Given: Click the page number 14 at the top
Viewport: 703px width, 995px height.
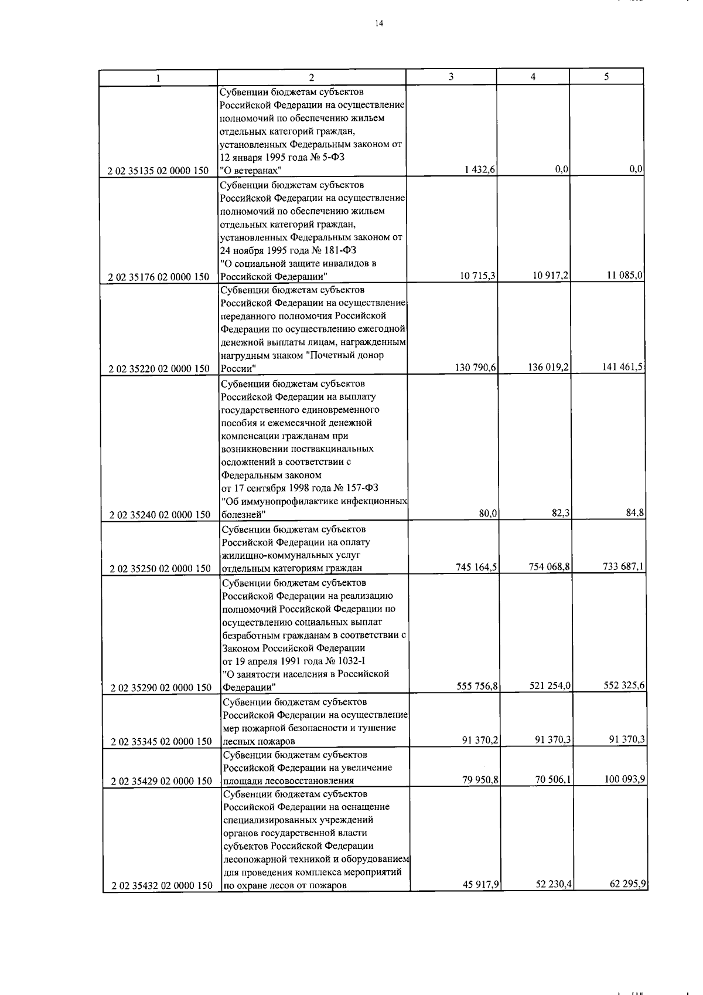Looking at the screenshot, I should point(379,23).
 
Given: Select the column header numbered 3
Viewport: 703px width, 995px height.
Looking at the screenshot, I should point(451,76).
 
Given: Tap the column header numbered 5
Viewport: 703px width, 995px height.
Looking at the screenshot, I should point(606,76).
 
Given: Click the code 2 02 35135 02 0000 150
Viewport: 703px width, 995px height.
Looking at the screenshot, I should point(159,171).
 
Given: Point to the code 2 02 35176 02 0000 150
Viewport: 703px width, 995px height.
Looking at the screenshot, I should point(159,277).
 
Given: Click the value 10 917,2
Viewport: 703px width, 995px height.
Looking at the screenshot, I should point(551,276).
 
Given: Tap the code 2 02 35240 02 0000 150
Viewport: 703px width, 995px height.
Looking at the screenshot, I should point(160,515).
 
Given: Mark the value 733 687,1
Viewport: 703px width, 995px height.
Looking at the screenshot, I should point(624,566).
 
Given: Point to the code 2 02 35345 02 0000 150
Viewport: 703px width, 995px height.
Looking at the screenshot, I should point(161,742).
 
